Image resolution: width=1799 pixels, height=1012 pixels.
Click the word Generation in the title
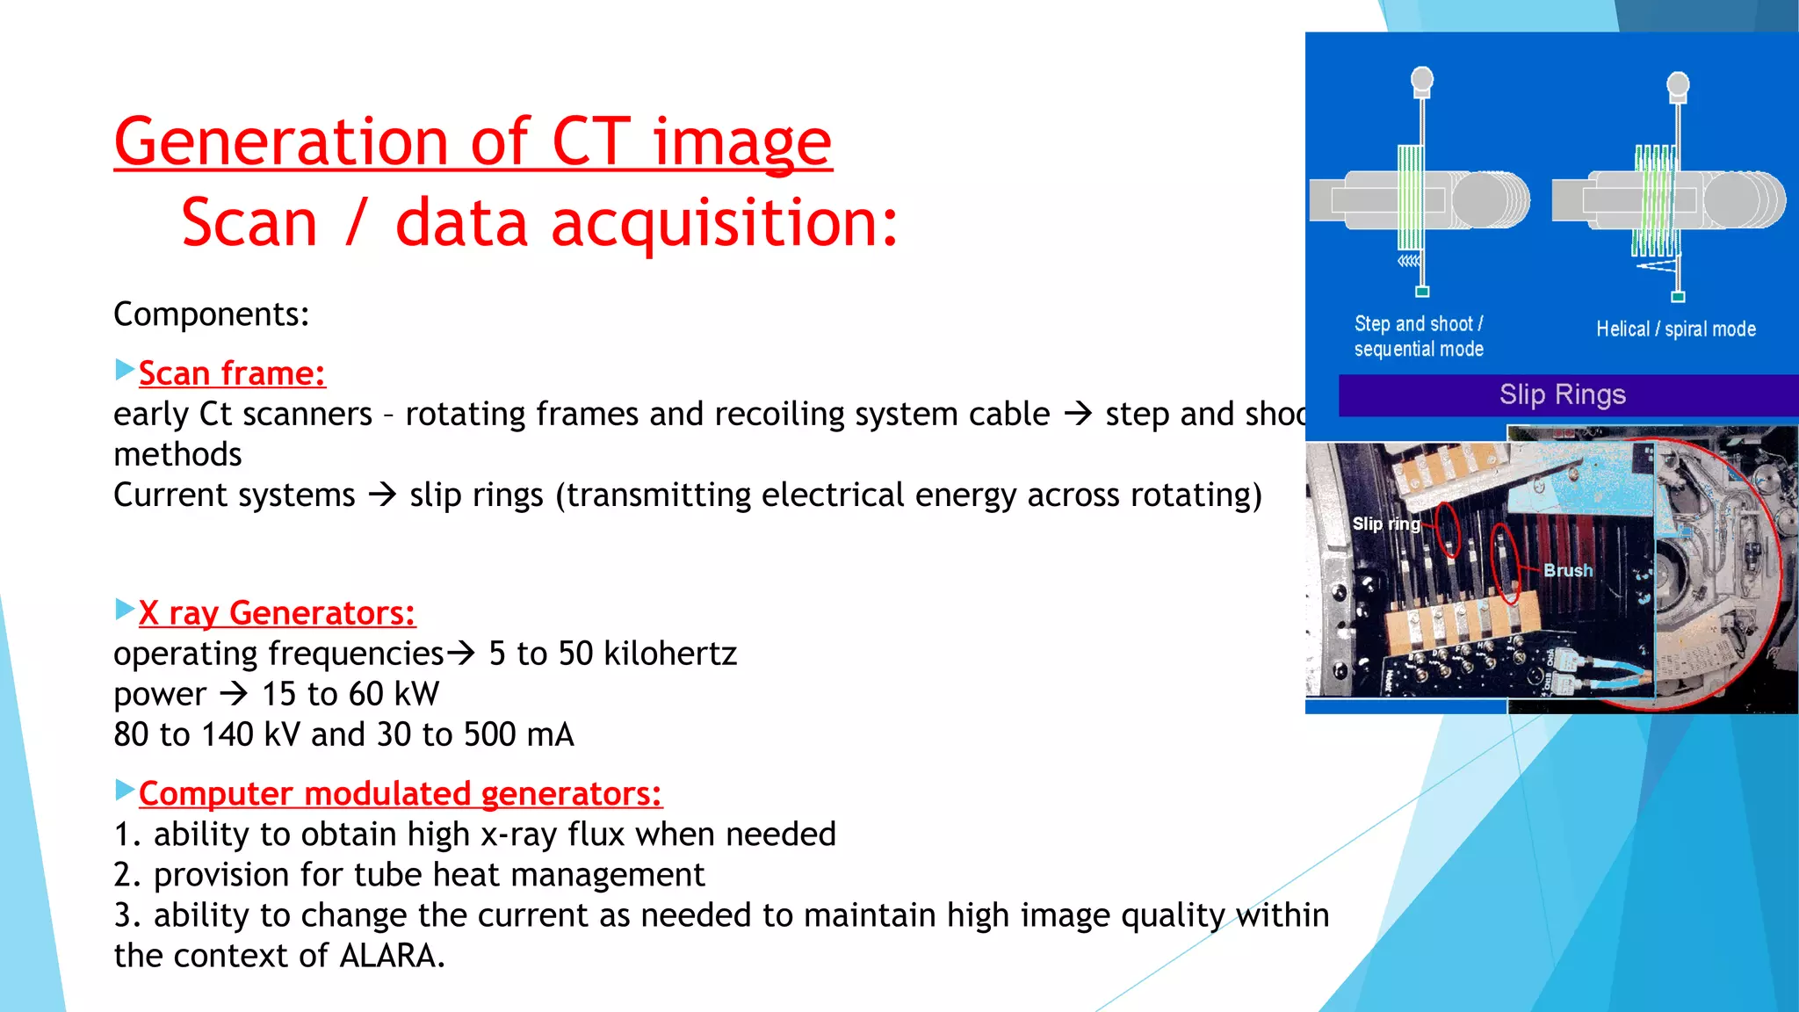(282, 142)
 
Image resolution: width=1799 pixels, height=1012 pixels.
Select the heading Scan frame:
(232, 373)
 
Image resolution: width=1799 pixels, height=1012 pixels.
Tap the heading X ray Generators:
(277, 613)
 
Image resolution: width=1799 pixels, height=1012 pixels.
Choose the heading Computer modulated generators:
(400, 794)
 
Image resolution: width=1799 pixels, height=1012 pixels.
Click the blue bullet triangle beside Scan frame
(125, 369)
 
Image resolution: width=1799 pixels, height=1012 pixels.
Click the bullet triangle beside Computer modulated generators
(125, 790)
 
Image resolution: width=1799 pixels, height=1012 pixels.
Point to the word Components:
(211, 314)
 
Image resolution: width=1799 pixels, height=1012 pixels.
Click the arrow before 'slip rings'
(382, 495)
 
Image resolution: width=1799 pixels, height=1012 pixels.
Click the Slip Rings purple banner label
(1562, 394)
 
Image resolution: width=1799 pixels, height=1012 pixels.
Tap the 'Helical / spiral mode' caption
(1675, 329)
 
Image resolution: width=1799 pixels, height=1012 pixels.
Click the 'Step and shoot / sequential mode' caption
(1419, 336)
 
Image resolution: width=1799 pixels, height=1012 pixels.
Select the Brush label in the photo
(1568, 570)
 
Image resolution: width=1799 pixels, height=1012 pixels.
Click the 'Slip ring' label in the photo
(1385, 524)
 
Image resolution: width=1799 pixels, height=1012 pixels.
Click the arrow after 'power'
(234, 695)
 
